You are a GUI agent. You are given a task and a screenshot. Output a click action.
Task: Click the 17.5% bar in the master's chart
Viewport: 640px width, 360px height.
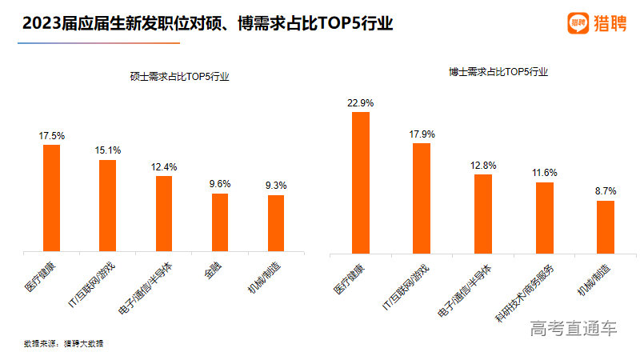[51, 198]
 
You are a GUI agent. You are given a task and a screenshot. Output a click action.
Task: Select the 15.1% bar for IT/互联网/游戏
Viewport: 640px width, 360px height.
[107, 206]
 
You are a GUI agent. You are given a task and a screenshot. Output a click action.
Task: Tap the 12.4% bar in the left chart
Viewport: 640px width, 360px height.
[164, 214]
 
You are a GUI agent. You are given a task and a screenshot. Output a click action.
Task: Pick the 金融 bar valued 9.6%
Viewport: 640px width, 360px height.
[220, 222]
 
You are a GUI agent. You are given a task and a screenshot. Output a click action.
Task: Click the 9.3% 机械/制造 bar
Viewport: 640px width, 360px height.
[276, 223]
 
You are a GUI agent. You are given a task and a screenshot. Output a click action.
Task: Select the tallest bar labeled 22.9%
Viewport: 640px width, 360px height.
[361, 182]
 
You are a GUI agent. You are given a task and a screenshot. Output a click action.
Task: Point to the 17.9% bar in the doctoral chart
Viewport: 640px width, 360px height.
[422, 198]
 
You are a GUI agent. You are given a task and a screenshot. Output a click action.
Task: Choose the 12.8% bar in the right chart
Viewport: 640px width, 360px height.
[483, 214]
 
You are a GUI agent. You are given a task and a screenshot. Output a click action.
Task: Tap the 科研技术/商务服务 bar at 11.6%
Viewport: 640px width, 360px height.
[545, 218]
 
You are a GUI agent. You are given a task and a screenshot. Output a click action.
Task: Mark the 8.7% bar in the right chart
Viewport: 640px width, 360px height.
[606, 226]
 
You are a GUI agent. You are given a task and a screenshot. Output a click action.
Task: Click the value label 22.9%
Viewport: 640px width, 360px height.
[361, 103]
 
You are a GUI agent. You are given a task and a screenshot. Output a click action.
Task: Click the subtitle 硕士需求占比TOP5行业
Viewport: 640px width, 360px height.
[179, 77]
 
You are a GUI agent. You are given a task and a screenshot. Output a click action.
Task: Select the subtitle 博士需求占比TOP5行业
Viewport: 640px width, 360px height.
[498, 71]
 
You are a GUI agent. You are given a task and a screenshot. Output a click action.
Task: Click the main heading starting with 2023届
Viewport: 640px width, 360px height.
[208, 24]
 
